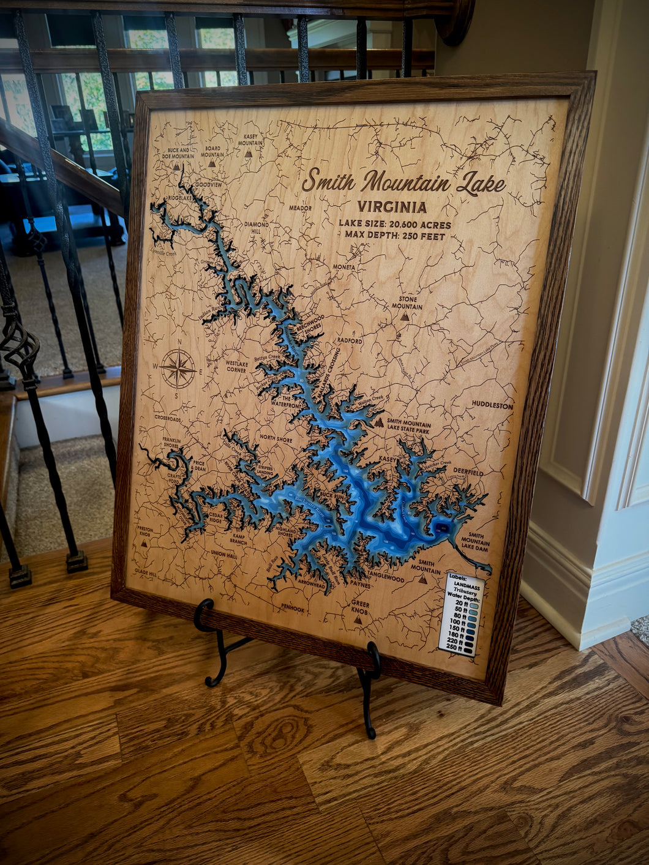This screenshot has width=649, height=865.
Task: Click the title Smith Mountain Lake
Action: point(403,182)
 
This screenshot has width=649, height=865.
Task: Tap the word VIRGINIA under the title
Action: point(392,207)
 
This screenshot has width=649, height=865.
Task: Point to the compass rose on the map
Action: point(178,369)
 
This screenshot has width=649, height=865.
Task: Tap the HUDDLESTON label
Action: point(492,405)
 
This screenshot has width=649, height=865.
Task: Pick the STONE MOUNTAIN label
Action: point(407,302)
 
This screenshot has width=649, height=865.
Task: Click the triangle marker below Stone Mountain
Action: point(405,316)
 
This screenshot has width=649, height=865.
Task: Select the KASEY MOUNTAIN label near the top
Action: point(250,140)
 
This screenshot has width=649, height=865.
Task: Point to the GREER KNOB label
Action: point(360,607)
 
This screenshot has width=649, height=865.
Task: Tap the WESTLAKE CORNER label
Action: point(236,366)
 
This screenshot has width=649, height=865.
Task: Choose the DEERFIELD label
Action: point(468,473)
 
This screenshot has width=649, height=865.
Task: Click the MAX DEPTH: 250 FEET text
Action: point(394,236)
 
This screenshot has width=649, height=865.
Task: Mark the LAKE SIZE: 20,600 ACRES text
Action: point(395,225)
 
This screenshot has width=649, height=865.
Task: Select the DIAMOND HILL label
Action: point(257,228)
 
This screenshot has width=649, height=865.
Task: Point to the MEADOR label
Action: point(300,208)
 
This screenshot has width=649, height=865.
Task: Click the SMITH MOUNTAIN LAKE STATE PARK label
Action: point(408,427)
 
